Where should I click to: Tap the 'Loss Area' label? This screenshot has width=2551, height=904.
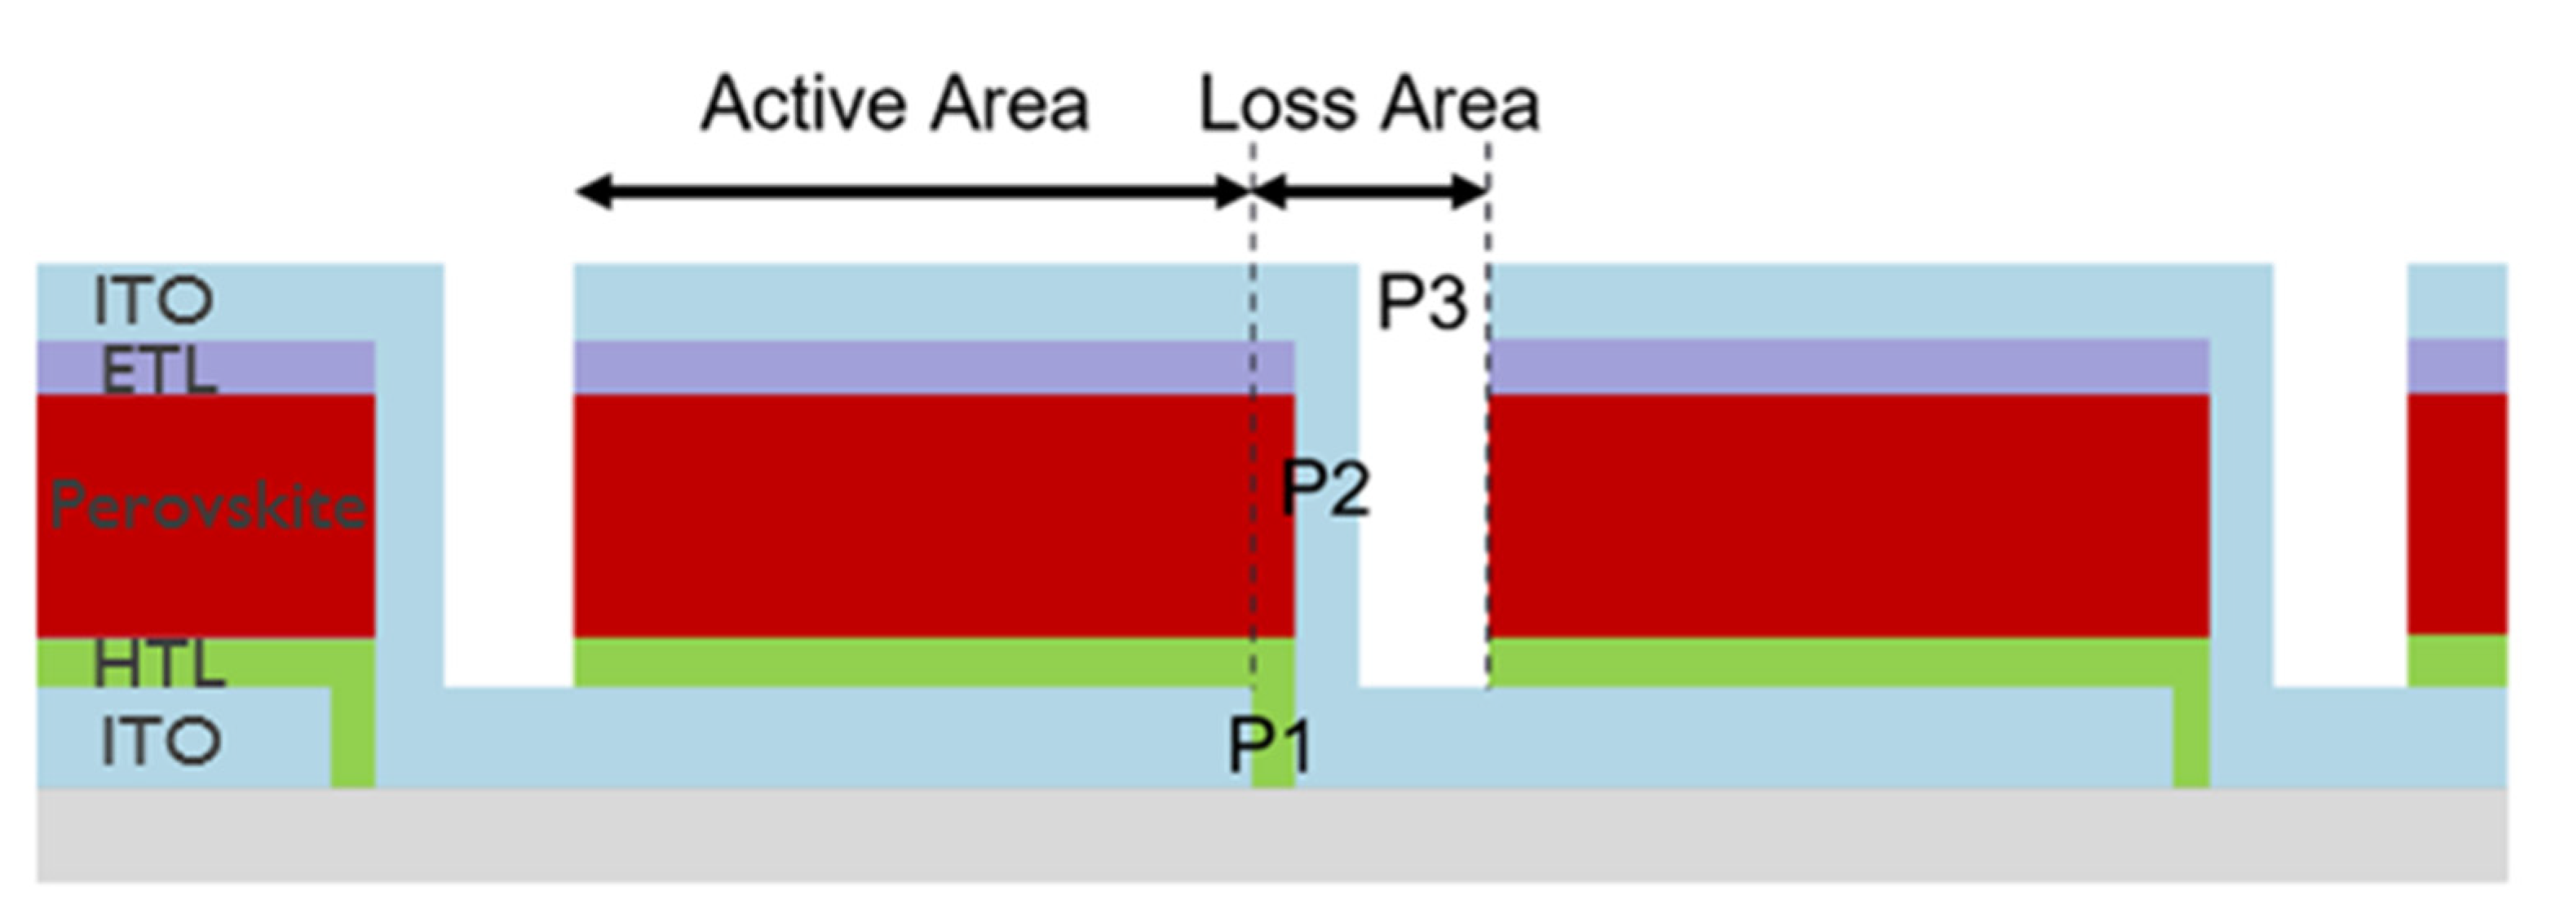click(x=1369, y=104)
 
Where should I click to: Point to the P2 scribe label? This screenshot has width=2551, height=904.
click(x=1325, y=487)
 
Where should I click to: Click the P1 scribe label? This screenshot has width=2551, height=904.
click(x=1271, y=744)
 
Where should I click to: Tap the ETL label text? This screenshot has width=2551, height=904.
click(x=158, y=373)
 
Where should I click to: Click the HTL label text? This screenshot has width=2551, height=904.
click(x=158, y=664)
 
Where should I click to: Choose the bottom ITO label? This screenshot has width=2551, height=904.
click(x=161, y=742)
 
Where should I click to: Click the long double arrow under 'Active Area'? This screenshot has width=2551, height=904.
click(x=911, y=190)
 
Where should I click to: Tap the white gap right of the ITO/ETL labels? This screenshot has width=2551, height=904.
click(x=509, y=475)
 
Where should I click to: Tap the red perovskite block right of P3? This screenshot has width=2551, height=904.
click(x=1848, y=515)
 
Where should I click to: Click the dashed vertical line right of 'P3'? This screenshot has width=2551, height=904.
click(x=1488, y=446)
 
